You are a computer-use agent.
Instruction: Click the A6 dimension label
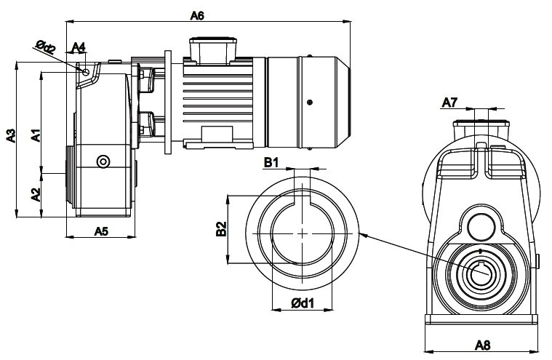pyautogui.click(x=197, y=15)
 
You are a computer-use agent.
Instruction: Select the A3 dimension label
pyautogui.click(x=11, y=136)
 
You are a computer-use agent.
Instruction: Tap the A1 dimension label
pyautogui.click(x=36, y=135)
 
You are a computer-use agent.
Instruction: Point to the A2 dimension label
pyautogui.click(x=36, y=195)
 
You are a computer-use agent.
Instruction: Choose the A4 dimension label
pyautogui.click(x=79, y=47)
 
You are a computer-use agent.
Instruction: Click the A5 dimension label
pyautogui.click(x=101, y=231)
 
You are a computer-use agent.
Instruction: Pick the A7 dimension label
pyautogui.click(x=449, y=103)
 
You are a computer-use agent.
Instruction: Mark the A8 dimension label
pyautogui.click(x=482, y=345)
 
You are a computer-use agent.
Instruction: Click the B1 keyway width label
pyautogui.click(x=271, y=162)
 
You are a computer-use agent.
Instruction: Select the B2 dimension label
pyautogui.click(x=221, y=229)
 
